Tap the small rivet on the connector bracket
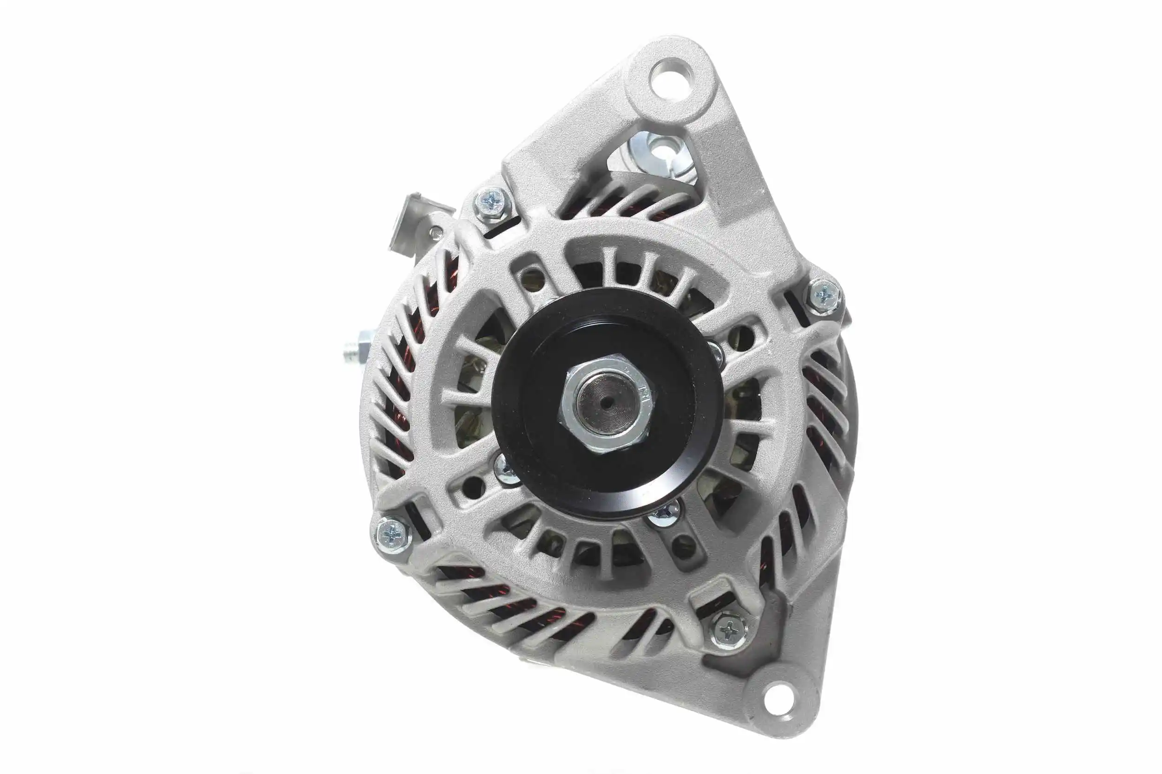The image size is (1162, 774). point(435,230)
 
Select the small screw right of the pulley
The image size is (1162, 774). point(715,353)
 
